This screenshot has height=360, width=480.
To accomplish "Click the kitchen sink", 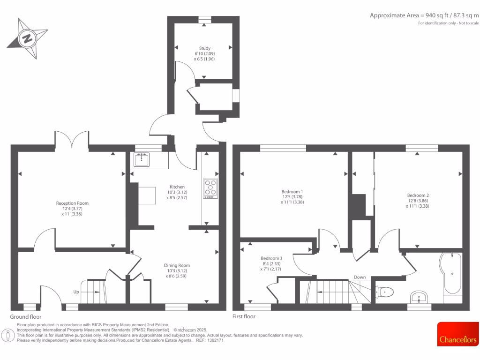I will tap(142, 160).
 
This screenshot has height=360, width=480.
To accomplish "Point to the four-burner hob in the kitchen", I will tap(210, 188).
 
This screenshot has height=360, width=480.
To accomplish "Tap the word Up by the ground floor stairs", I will tap(76, 291).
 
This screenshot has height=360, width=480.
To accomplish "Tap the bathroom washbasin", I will tap(419, 297).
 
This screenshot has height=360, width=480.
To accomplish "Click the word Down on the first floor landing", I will tap(360, 277).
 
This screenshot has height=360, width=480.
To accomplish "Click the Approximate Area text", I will tap(424, 15).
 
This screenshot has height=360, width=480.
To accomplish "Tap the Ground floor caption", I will tap(26, 317).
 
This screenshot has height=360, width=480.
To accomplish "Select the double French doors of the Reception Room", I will tap(72, 139).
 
